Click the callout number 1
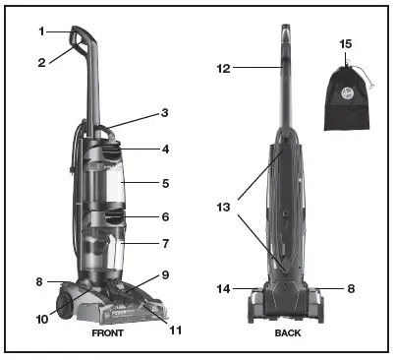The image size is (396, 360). point(41,31)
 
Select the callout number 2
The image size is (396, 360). point(41,62)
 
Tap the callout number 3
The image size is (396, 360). point(166,114)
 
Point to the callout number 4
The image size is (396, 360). point(166,150)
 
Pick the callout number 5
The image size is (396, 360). point(166,183)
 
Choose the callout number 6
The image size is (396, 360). point(166,216)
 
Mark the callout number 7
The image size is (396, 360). point(166,243)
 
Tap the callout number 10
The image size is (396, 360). point(42,319)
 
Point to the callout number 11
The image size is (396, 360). point(176,330)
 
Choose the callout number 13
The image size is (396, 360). point(225,209)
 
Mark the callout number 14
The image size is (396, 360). point(224,289)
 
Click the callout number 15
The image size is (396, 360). point(344,45)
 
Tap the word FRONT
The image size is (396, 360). point(108,333)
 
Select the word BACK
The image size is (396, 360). point(289,333)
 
